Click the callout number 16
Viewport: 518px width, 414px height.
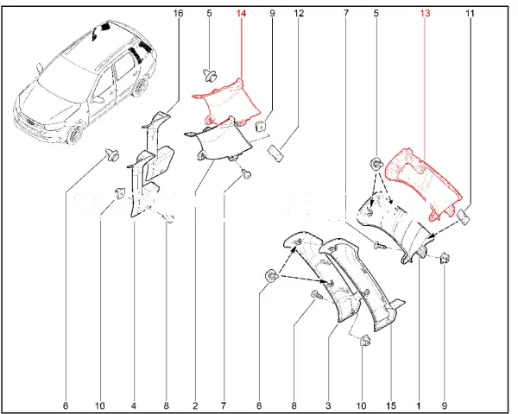179,14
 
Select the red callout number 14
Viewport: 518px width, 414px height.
241,14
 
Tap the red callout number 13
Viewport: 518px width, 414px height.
424,14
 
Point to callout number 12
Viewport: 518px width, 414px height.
299,14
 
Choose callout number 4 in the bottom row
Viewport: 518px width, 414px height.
134,405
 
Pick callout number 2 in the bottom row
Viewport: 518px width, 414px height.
195,405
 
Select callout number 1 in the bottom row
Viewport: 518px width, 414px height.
419,405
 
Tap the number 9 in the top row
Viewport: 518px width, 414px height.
272,14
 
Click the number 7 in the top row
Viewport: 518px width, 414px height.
345,14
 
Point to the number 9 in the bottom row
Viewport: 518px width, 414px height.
446,405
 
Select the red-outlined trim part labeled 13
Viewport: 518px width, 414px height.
423,177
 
